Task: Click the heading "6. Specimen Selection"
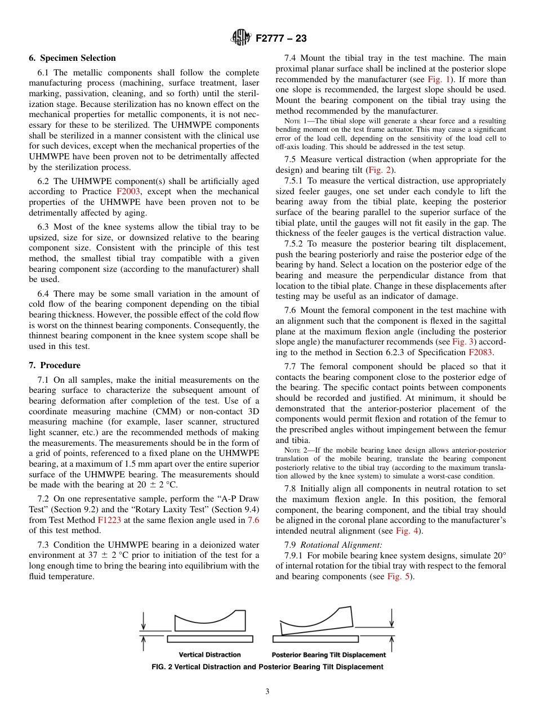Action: [72, 58]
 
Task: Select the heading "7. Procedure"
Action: [55, 365]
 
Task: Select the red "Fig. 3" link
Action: [462, 342]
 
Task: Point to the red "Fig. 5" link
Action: [399, 577]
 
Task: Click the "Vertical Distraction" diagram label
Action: [209, 655]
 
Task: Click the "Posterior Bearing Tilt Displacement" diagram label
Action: [328, 655]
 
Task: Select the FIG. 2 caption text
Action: [267, 667]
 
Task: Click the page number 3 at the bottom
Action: [267, 692]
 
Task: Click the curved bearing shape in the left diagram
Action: [209, 621]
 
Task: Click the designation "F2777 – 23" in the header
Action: [281, 39]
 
